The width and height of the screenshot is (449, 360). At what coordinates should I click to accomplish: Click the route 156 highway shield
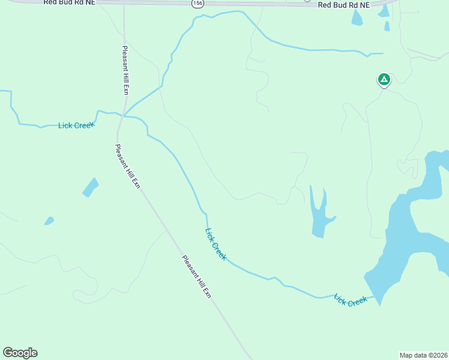(x=197, y=4)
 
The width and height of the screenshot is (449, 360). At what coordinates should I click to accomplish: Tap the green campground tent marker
(x=384, y=79)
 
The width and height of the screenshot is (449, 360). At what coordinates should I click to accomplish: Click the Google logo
(x=20, y=353)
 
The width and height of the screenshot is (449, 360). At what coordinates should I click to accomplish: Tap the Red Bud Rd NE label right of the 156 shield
(x=344, y=5)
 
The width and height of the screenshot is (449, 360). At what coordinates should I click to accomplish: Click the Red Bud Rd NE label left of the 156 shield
(x=69, y=3)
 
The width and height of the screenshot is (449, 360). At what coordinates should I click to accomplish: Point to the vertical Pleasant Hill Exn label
(x=125, y=70)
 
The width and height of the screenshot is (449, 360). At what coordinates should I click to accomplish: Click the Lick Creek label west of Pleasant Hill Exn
(x=76, y=125)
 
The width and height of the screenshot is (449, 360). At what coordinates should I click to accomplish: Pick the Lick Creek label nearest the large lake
(x=350, y=299)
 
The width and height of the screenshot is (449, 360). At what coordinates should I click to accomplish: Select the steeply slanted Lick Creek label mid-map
(x=216, y=244)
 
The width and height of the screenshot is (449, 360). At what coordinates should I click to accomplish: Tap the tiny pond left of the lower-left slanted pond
(x=49, y=221)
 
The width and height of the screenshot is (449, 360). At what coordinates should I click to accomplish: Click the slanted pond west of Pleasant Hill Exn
(x=90, y=187)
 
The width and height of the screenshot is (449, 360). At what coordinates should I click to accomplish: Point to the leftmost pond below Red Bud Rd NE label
(x=357, y=18)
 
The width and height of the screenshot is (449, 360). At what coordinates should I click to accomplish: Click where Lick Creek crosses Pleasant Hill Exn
(x=123, y=115)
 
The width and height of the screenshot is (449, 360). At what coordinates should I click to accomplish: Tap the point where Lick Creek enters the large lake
(x=376, y=295)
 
